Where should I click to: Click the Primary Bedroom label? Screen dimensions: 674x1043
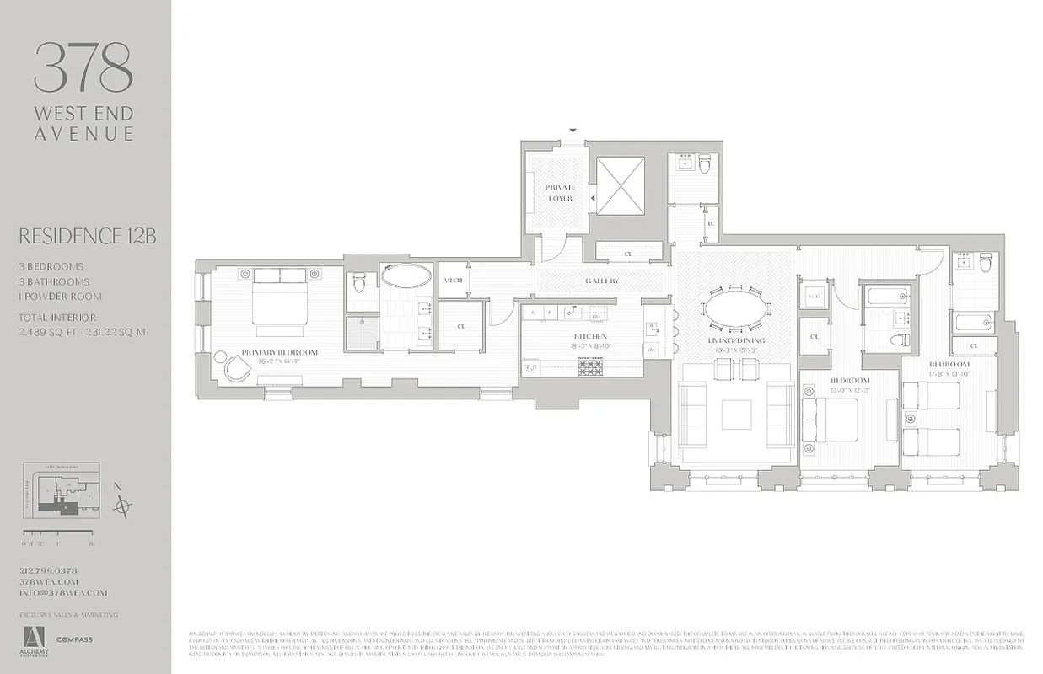pos(279,352)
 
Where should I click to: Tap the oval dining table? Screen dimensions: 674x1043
pos(736,308)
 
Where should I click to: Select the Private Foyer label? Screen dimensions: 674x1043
pos(559,193)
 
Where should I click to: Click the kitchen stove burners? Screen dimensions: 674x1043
pos(590,366)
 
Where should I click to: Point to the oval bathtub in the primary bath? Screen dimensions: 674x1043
pos(406,275)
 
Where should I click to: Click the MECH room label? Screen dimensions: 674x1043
pos(453,281)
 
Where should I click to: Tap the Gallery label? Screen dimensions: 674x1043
pos(602,281)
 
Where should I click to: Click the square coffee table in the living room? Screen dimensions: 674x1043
pos(736,413)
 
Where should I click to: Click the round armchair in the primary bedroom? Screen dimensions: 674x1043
pos(236,367)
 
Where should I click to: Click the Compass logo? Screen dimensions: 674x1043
pos(75,639)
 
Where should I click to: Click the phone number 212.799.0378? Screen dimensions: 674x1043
pos(49,570)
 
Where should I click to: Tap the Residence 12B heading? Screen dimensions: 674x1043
pos(87,236)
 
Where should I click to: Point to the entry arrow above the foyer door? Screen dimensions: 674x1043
pos(573,131)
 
